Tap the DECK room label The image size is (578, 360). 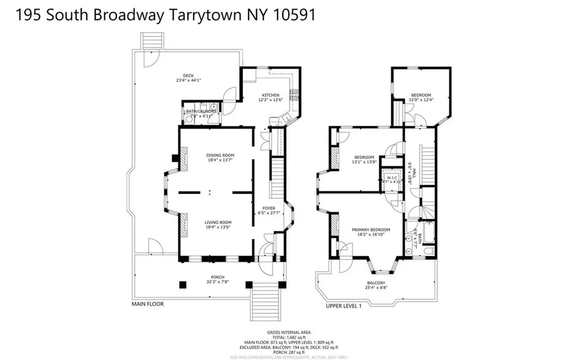tap(188, 75)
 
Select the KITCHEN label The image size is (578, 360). tap(270, 95)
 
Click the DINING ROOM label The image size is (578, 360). tap(220, 155)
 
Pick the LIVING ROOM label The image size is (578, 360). tap(218, 222)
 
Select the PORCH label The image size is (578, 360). tap(209, 276)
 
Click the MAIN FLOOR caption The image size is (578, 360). tap(148, 304)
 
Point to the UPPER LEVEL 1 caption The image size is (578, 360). tap(343, 305)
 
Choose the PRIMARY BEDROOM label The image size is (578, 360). tap(371, 230)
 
